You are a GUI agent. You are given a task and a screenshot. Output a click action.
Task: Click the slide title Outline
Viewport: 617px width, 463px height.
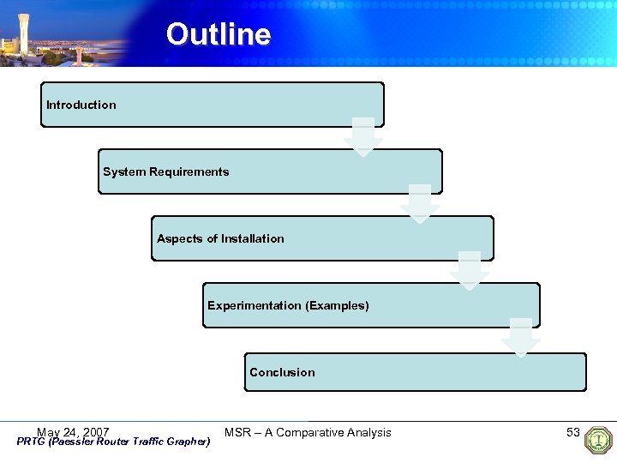[219, 34]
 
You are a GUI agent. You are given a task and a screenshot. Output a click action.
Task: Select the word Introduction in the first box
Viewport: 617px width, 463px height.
[81, 105]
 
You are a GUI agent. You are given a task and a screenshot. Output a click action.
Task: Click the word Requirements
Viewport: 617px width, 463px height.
[189, 171]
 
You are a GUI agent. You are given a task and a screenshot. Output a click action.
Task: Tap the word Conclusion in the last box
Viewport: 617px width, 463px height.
[282, 372]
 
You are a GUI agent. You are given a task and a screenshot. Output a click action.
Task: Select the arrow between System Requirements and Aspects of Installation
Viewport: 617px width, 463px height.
[420, 204]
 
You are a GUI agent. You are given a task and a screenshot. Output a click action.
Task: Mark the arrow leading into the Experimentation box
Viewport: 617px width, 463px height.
[470, 271]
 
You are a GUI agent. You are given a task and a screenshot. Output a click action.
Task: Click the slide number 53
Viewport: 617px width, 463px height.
[573, 432]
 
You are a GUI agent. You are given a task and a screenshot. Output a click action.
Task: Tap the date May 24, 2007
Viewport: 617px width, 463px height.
[73, 431]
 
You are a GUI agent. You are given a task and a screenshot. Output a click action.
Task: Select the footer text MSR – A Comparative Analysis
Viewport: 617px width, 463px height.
[308, 432]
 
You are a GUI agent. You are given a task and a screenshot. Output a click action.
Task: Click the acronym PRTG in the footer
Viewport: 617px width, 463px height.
[32, 442]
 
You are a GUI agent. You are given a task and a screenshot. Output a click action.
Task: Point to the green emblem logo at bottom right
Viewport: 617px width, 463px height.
[598, 440]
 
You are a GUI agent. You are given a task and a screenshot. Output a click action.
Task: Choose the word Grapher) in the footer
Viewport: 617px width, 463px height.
[189, 442]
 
